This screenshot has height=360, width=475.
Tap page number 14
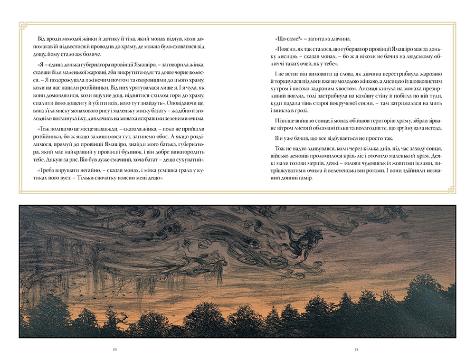click(x=116, y=349)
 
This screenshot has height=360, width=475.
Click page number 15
click(x=357, y=349)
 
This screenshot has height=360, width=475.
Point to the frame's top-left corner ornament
click(x=22, y=25)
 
